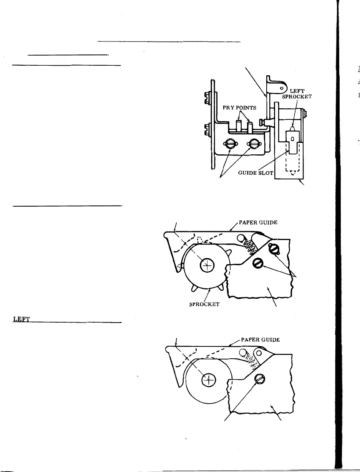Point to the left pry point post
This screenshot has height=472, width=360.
(x=238, y=126)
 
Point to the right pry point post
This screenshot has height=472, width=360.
(x=250, y=127)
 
